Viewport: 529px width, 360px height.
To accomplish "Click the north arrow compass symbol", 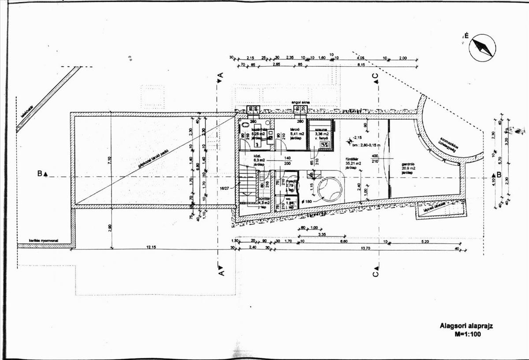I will click(x=482, y=47).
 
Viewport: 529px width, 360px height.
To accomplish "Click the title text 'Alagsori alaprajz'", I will click(x=466, y=327).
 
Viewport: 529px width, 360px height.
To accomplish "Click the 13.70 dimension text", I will click(x=353, y=248).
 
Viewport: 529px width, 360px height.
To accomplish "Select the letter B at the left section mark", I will click(x=40, y=174).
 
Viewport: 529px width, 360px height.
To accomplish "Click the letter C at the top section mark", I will click(x=376, y=76).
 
